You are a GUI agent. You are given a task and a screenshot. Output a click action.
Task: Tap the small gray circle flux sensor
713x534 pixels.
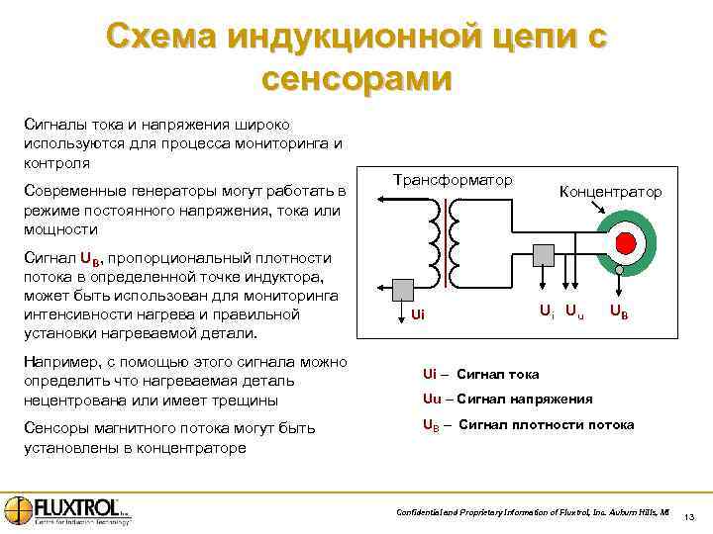point(619,270)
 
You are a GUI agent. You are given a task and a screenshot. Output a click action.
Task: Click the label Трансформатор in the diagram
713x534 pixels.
point(454,180)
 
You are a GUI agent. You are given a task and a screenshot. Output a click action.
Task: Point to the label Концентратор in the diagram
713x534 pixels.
point(610,191)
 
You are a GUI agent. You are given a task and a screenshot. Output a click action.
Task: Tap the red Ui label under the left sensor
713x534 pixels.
point(418,314)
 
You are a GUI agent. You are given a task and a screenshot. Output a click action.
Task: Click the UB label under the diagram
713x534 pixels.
point(617,312)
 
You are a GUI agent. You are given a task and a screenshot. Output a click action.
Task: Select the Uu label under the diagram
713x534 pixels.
point(575,312)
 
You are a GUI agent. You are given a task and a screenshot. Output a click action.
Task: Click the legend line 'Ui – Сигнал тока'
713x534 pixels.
point(480,374)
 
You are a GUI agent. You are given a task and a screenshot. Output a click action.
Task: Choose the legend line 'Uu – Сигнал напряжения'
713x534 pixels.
point(507,399)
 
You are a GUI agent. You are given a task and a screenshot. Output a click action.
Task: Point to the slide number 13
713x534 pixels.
point(689,517)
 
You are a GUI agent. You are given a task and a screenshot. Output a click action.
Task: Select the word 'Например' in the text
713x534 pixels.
point(58,363)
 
